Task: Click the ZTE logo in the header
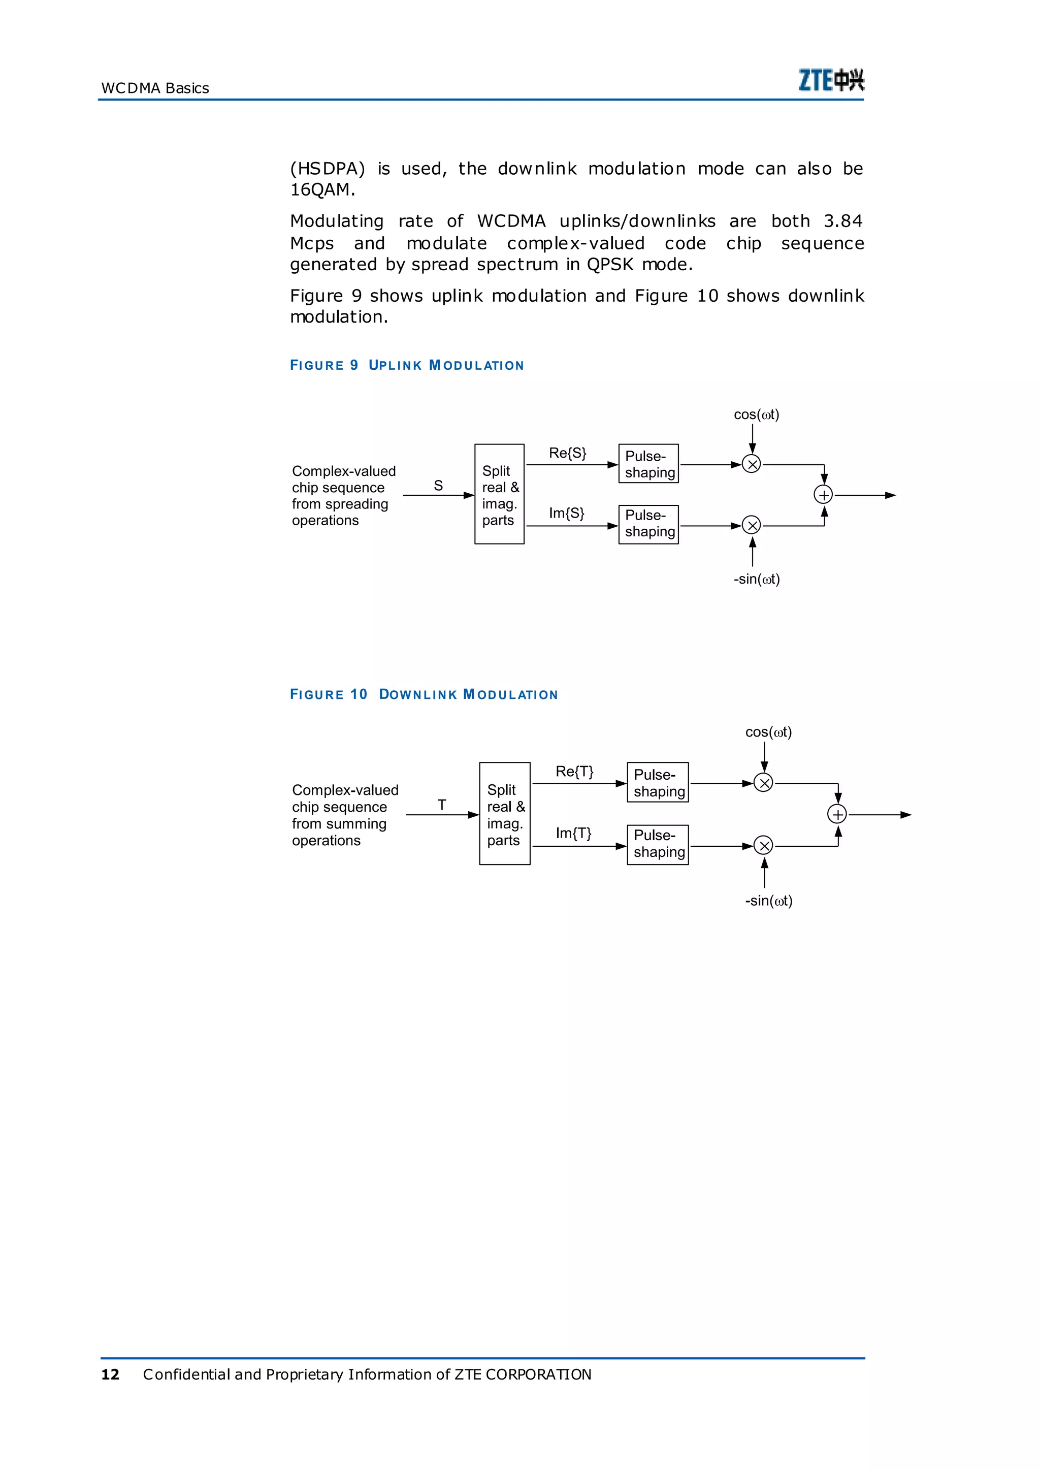pyautogui.click(x=831, y=80)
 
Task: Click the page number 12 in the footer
pyautogui.click(x=110, y=1374)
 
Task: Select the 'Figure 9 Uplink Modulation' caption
pyautogui.click(x=407, y=365)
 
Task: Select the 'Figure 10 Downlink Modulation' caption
pyautogui.click(x=424, y=694)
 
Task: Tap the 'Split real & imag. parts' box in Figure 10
pyautogui.click(x=505, y=813)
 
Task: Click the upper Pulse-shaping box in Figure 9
pyautogui.click(x=648, y=464)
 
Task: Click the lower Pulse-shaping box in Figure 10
pyautogui.click(x=658, y=844)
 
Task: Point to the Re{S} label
pyautogui.click(x=567, y=453)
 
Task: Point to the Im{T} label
pyautogui.click(x=573, y=833)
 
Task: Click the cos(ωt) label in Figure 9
pyautogui.click(x=756, y=414)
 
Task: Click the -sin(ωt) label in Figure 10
pyautogui.click(x=768, y=901)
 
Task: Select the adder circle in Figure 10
pyautogui.click(x=837, y=814)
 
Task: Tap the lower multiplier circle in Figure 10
pyautogui.click(x=763, y=846)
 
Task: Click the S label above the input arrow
pyautogui.click(x=438, y=486)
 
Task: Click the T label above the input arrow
pyautogui.click(x=442, y=805)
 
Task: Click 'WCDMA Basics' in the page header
pyautogui.click(x=155, y=88)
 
